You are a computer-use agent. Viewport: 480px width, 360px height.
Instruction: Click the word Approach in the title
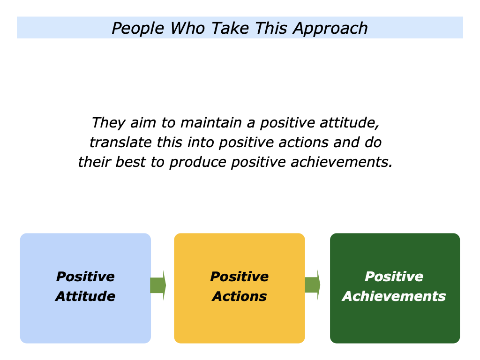pyautogui.click(x=330, y=28)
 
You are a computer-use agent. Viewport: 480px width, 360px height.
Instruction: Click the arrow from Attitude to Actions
pyautogui.click(x=158, y=285)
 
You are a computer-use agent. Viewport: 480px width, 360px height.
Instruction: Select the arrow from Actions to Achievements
pyautogui.click(x=313, y=285)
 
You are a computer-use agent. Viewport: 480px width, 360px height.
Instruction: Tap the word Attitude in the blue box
pyautogui.click(x=85, y=296)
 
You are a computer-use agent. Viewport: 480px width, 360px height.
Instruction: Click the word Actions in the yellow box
pyautogui.click(x=239, y=296)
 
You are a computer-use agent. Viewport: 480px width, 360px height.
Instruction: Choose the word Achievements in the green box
pyautogui.click(x=394, y=296)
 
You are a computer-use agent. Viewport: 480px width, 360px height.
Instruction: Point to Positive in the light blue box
pyautogui.click(x=85, y=277)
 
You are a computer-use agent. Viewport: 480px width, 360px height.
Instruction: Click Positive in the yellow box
pyautogui.click(x=239, y=277)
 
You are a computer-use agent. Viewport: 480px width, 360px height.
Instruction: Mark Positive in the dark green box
pyautogui.click(x=394, y=277)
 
